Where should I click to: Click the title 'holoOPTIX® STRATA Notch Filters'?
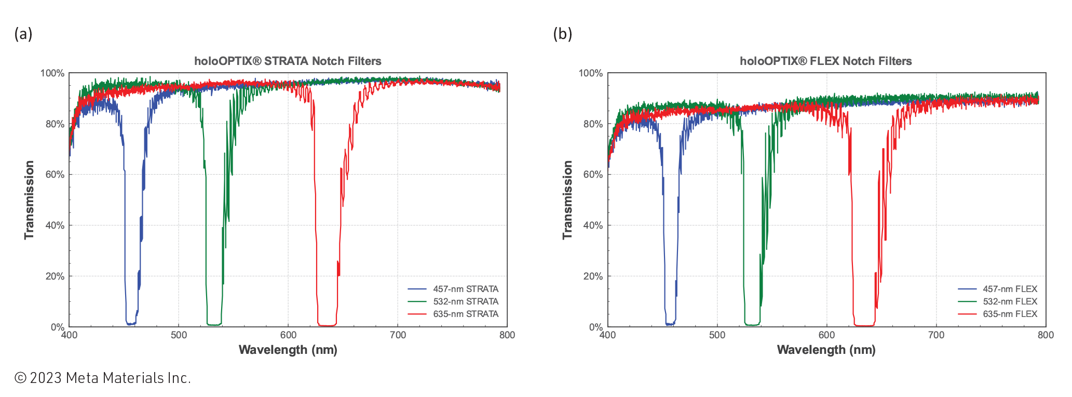(x=288, y=61)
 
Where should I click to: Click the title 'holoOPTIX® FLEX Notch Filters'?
(x=825, y=61)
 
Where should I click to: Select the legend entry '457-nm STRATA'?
(x=465, y=289)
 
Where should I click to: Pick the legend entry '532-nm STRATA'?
(x=465, y=301)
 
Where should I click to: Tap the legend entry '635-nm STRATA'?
(x=465, y=314)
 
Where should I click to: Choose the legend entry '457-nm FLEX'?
(x=1009, y=289)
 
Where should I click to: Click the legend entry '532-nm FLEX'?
(x=1009, y=301)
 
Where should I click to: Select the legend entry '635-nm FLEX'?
(x=1009, y=314)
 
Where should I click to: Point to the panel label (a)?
(x=23, y=34)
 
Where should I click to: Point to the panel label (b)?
(x=562, y=34)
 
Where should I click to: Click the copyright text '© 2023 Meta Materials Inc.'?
(x=103, y=378)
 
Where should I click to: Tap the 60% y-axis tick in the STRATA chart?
(x=55, y=175)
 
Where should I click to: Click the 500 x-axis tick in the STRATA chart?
(x=179, y=335)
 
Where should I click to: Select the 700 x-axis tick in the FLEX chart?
(x=936, y=335)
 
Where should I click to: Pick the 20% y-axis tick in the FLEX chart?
(x=593, y=276)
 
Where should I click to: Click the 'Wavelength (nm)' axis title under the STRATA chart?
(x=288, y=350)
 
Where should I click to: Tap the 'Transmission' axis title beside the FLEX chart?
(x=567, y=200)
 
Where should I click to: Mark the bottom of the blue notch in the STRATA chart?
(x=131, y=324)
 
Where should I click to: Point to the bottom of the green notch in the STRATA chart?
(x=213, y=325)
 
